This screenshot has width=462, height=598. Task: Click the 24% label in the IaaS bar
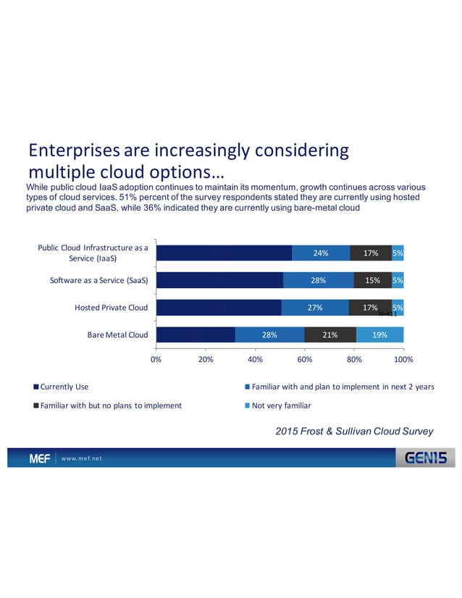point(321,253)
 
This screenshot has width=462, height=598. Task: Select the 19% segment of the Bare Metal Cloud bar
point(379,335)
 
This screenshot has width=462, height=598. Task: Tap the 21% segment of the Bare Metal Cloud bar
point(330,335)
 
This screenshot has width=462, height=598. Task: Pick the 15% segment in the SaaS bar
point(372,280)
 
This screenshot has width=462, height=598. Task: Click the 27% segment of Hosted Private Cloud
point(315,308)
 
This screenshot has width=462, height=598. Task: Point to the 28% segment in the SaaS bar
point(319,280)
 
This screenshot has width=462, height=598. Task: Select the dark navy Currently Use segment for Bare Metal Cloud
point(196,335)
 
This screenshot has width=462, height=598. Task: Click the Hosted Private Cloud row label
point(111,308)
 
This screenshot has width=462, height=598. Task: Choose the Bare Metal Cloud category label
point(116,335)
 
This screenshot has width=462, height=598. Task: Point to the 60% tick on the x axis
point(304,358)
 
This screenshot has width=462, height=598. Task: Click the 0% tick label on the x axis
point(156,358)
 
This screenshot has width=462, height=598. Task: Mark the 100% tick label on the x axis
point(403,358)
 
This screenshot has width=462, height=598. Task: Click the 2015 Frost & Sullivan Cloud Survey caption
point(354,431)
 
